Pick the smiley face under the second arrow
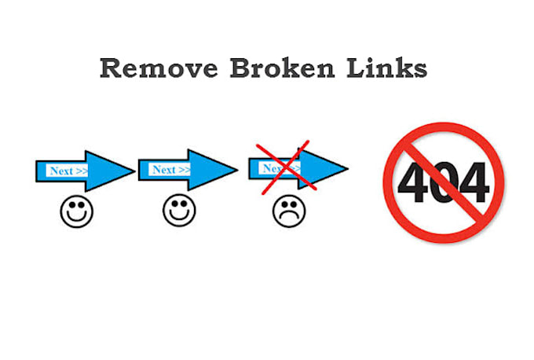pos(178,211)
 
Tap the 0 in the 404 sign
pos(443,182)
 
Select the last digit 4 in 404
pos(473,182)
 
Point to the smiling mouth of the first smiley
pos(76,217)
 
